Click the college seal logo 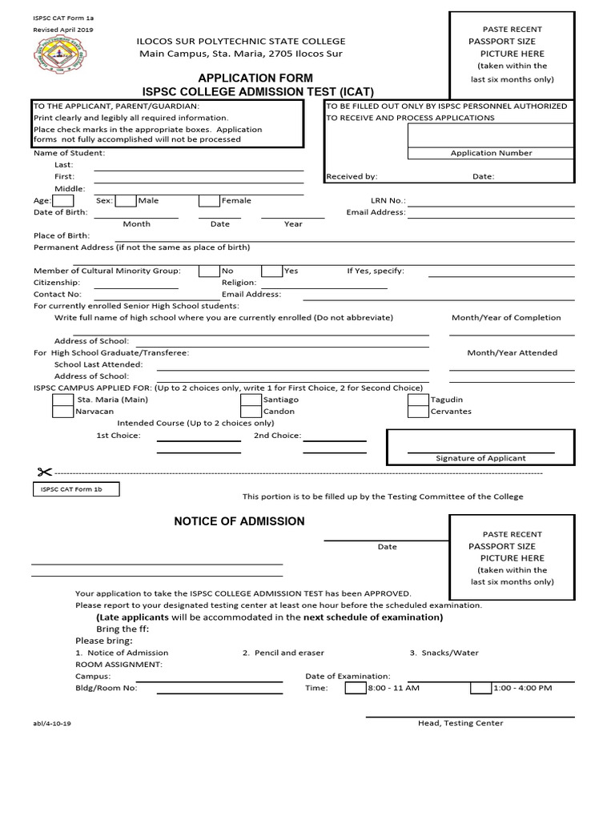(x=55, y=57)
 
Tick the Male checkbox (x=126, y=201)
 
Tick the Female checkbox (x=209, y=201)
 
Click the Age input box (x=63, y=201)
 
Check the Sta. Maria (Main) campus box (x=63, y=400)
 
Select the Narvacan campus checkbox (x=63, y=412)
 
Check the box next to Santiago (x=251, y=400)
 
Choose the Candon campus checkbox (x=251, y=412)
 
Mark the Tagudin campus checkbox (x=418, y=400)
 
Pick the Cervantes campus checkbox (x=418, y=412)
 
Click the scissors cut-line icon (x=42, y=472)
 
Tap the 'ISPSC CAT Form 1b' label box (x=76, y=489)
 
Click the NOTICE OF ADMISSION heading (x=239, y=521)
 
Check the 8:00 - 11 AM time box (x=356, y=688)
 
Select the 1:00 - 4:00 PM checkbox (x=480, y=688)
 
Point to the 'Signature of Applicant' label (x=480, y=458)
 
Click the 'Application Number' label (x=491, y=153)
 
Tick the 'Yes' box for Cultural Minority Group (x=272, y=271)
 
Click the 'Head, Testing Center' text (x=460, y=723)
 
